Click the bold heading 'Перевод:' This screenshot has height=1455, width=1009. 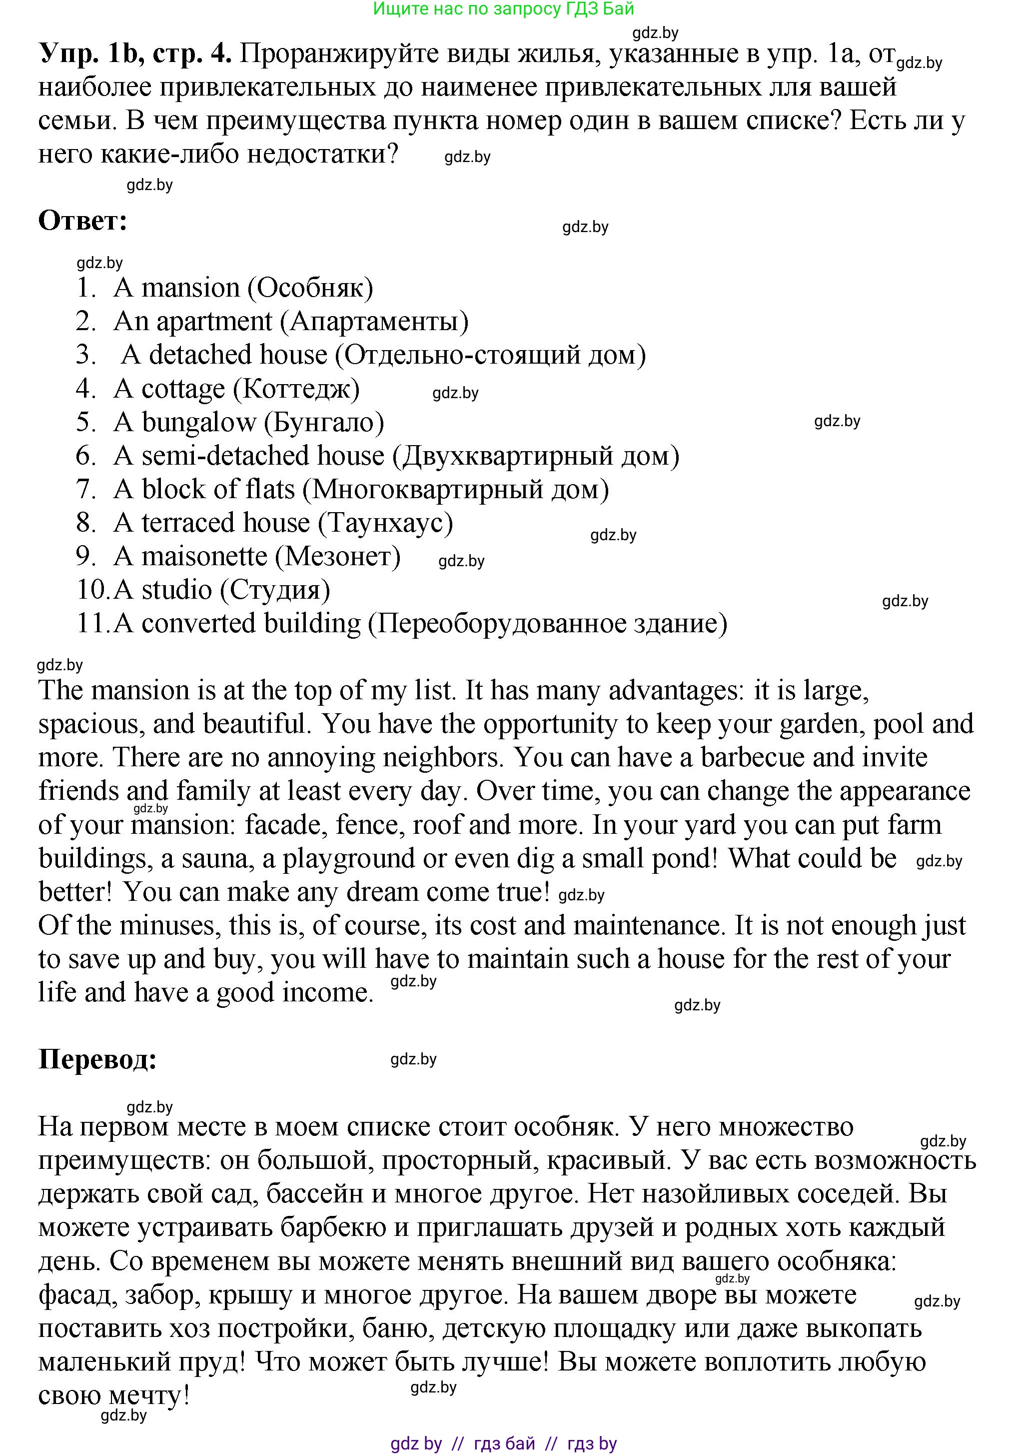(97, 1059)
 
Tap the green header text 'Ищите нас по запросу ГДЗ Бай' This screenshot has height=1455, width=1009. (503, 9)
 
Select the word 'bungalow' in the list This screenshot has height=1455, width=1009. (198, 423)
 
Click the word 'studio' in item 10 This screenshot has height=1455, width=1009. (176, 590)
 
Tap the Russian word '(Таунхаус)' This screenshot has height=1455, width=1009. (385, 523)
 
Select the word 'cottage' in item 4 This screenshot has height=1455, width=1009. (183, 389)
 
